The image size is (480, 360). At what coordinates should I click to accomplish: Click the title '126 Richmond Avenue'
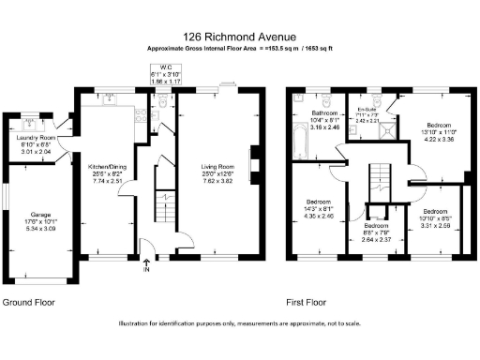(240, 35)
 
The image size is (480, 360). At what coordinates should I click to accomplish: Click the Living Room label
(217, 172)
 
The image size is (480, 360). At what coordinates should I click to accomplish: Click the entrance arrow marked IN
(145, 265)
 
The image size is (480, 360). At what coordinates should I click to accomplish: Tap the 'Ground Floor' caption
(28, 304)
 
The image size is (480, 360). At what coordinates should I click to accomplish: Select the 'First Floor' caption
(306, 304)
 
